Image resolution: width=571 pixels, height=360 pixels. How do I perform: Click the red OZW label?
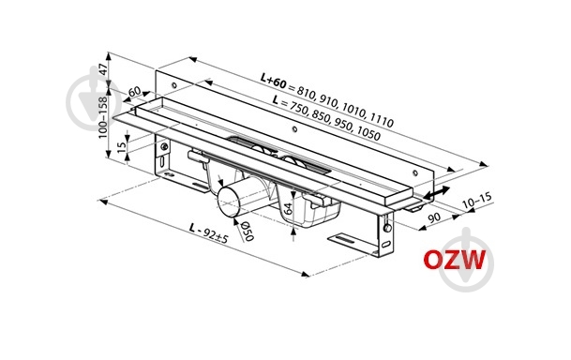454,260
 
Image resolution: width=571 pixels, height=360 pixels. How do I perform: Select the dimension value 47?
104,69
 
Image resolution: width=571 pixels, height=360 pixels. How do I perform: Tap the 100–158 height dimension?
104,117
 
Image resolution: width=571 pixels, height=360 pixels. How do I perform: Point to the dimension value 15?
122,145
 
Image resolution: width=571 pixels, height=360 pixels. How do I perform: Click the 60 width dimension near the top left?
135,91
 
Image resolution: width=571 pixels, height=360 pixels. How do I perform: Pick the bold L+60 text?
273,82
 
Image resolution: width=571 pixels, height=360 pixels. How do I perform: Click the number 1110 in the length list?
383,120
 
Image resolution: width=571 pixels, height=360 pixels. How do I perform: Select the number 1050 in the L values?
368,133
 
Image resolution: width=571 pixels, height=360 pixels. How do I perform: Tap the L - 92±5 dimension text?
209,232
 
